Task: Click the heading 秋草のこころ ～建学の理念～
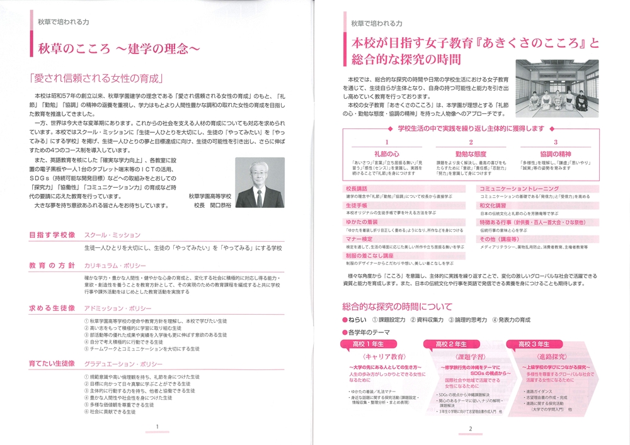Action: tap(119, 48)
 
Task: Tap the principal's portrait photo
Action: tap(259, 182)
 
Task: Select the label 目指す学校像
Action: tap(52, 235)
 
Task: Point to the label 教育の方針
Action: tap(52, 266)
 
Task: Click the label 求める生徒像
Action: tap(52, 308)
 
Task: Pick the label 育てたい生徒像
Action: tap(52, 364)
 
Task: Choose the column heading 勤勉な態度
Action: tap(470, 153)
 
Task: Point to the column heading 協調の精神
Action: tap(555, 153)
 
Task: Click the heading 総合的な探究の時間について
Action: tap(398, 307)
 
